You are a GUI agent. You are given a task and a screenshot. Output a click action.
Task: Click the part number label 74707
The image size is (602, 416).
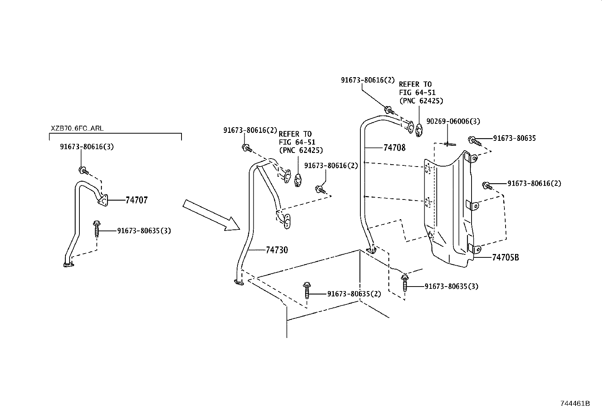pos(137,200)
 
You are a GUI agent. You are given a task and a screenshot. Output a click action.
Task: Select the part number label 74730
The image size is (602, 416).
pos(277,250)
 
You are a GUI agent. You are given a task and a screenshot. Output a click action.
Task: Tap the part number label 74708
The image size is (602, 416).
pos(394,148)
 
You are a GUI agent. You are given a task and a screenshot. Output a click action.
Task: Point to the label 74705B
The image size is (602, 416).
pos(506,257)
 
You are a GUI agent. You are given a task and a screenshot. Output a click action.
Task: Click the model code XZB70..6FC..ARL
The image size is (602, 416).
pos(77,128)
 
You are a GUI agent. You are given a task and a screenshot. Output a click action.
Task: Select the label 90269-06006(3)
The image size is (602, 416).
pos(453,122)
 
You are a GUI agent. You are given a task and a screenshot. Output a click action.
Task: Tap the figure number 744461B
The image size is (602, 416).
pos(575,403)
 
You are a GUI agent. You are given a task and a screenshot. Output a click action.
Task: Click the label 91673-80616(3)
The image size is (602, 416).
pos(87,146)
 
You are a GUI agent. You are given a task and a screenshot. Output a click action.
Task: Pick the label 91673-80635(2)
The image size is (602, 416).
pos(354,294)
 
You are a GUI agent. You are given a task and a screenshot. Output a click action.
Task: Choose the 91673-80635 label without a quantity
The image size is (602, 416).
pos(514,139)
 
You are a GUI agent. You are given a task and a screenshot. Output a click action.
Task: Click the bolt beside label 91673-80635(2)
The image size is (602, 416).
pos(307,289)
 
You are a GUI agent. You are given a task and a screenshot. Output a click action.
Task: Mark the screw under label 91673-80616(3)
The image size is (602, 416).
pos(84,170)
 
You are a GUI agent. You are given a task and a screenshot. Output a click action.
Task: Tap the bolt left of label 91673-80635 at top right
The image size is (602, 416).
pos(474,141)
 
